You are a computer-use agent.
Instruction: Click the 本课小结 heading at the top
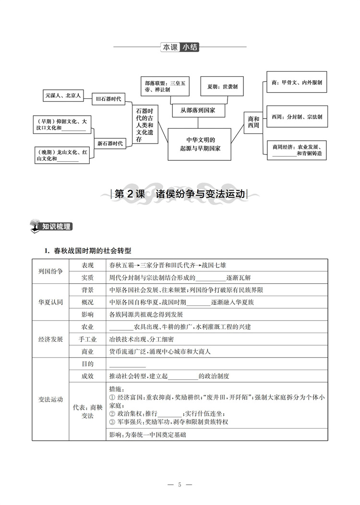coord(180,47)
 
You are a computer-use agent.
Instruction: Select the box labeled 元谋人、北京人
coord(62,96)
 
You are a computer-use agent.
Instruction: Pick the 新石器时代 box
coord(110,143)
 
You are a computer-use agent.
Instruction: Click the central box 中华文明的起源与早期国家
coord(197,144)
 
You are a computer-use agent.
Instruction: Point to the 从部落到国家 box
coord(197,110)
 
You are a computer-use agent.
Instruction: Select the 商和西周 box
coord(253,122)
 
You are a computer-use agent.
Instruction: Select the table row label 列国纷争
coord(50,271)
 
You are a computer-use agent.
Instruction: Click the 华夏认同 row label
coord(50,302)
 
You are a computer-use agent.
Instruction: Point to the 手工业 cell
coord(88,339)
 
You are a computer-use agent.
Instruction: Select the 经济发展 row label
coord(50,339)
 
